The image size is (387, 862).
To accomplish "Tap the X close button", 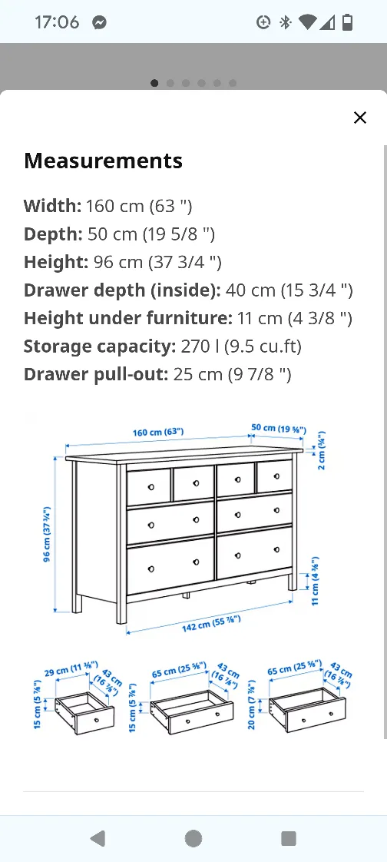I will [359, 118].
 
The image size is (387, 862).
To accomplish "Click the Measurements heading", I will [103, 161].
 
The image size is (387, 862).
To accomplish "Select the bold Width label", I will [52, 206].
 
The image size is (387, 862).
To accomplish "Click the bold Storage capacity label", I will [100, 346].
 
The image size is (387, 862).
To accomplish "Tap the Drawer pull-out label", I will [94, 375].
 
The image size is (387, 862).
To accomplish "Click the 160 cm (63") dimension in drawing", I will [158, 433].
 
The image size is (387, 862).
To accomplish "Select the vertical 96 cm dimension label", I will [47, 535].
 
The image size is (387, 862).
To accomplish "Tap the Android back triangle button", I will [97, 838].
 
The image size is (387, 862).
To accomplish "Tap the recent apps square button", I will [289, 838].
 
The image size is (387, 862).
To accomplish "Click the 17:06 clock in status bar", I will [56, 22].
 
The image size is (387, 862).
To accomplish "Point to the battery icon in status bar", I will [348, 22].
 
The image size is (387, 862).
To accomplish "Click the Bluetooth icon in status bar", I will [286, 22].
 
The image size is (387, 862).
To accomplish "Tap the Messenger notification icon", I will [99, 22].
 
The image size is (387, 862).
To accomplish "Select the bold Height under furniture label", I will [127, 318].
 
